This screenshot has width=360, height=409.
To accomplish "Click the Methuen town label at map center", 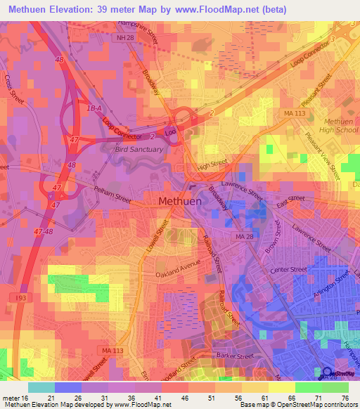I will pyautogui.click(x=180, y=201).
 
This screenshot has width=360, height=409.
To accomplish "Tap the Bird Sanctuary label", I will pyautogui.click(x=139, y=149).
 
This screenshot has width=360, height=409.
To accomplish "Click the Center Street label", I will pyautogui.click(x=289, y=269).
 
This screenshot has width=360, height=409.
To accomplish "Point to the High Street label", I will pyautogui.click(x=212, y=165).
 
